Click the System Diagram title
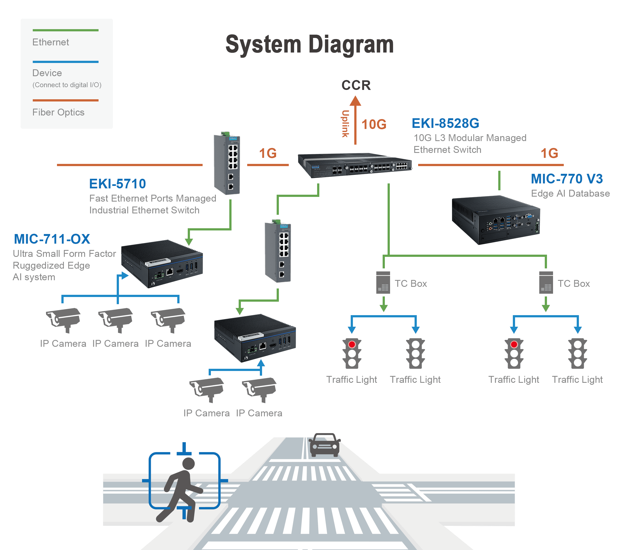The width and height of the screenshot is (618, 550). (x=309, y=45)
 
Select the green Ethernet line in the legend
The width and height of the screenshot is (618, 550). (x=66, y=30)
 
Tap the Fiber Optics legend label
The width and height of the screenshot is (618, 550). (x=58, y=112)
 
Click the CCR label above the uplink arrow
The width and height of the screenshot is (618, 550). (x=356, y=85)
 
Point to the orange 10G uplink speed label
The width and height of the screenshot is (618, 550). (x=374, y=124)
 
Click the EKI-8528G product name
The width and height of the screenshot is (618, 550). (x=445, y=123)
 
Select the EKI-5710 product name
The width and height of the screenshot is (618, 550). (x=117, y=184)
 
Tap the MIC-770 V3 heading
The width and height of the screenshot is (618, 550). (x=567, y=178)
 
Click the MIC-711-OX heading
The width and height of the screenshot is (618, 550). (x=52, y=239)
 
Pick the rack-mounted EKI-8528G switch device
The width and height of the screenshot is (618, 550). (x=355, y=165)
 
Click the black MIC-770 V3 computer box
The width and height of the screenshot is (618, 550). (x=496, y=220)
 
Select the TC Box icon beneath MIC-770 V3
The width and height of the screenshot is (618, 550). (x=546, y=282)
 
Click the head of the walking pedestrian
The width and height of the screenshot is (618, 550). (x=189, y=464)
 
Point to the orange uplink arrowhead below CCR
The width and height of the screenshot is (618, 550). (x=355, y=101)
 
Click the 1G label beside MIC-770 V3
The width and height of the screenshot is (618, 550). (x=549, y=153)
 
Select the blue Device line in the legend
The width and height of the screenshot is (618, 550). (x=66, y=62)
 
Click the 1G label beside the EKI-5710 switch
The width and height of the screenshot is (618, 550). (x=268, y=153)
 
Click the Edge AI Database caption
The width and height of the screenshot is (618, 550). (x=570, y=193)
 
